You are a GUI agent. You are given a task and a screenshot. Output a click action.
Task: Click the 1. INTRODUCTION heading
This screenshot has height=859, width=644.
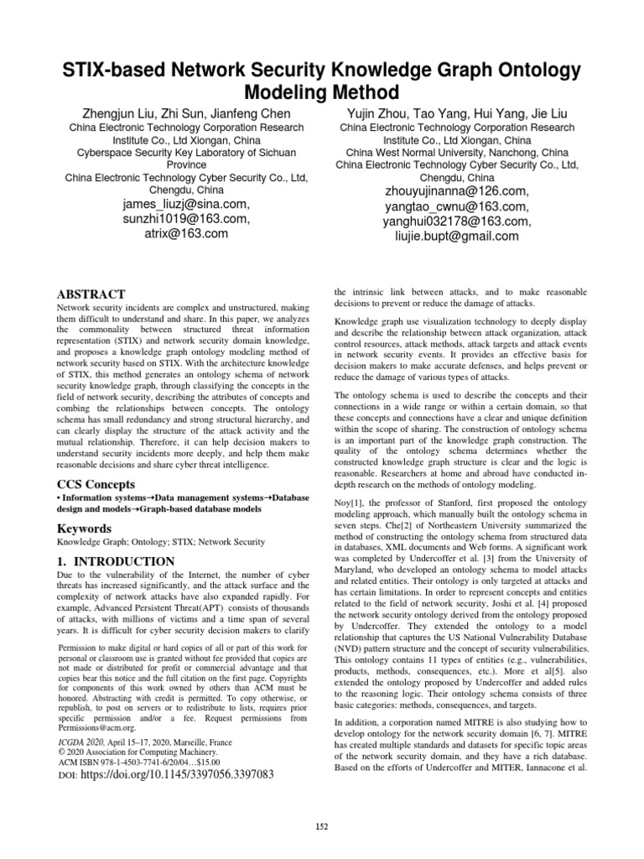tap(116, 560)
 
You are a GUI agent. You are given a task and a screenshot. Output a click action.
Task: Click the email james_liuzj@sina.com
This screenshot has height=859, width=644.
tap(186, 204)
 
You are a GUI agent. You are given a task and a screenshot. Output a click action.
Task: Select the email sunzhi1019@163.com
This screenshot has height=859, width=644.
tap(186, 219)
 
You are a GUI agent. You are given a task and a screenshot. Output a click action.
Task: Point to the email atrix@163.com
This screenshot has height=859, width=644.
tap(186, 234)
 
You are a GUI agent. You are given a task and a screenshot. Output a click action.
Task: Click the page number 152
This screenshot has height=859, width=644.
tap(321, 827)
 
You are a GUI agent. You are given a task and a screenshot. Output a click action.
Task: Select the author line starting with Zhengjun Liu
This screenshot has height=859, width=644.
tap(186, 113)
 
